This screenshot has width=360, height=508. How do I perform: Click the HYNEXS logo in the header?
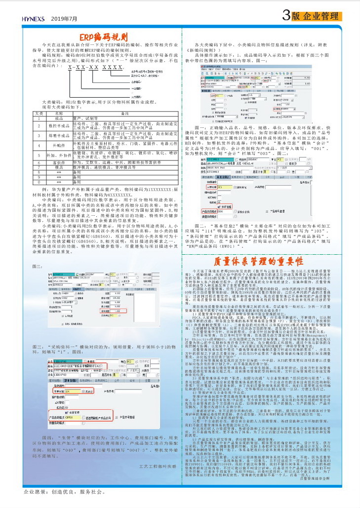coord(34,18)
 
